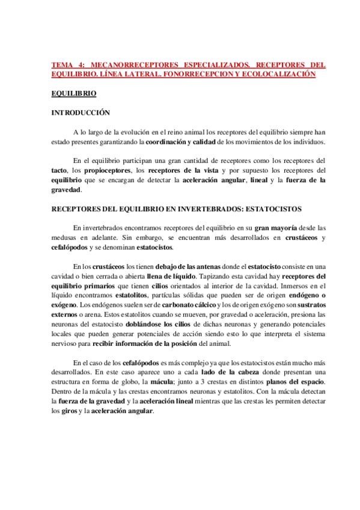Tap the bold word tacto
point(59,171)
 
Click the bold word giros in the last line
point(70,411)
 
